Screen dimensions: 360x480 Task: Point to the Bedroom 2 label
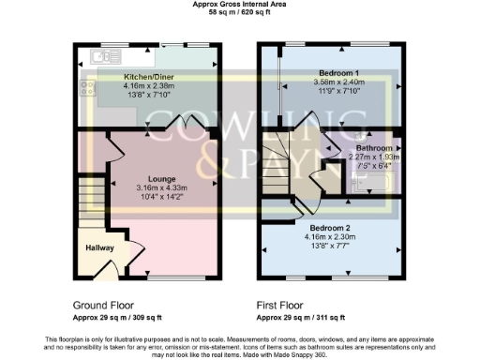pyautogui.click(x=330, y=227)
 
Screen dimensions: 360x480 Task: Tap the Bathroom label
pyautogui.click(x=373, y=148)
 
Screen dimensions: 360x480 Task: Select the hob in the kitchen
pyautogui.click(x=89, y=88)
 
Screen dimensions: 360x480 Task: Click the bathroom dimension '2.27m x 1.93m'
pyautogui.click(x=373, y=157)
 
